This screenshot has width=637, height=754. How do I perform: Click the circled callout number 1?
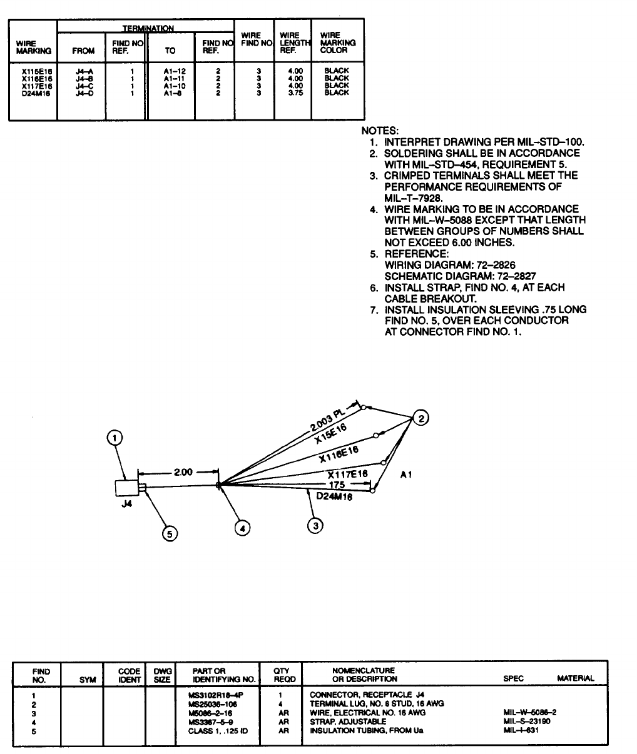pyautogui.click(x=115, y=438)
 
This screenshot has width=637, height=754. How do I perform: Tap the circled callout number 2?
pyautogui.click(x=422, y=419)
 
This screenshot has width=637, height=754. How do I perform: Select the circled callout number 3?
pyautogui.click(x=317, y=525)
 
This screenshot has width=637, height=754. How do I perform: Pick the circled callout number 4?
pyautogui.click(x=242, y=528)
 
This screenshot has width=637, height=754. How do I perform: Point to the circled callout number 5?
pyautogui.click(x=170, y=533)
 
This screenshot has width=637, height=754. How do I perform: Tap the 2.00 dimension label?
pyautogui.click(x=183, y=472)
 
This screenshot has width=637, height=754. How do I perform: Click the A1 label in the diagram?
pyautogui.click(x=405, y=475)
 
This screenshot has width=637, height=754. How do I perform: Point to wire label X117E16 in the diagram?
pyautogui.click(x=347, y=475)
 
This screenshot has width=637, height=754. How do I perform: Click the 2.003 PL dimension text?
pyautogui.click(x=329, y=420)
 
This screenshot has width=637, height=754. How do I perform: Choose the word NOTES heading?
pyautogui.click(x=380, y=131)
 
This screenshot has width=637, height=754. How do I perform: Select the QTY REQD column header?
pyautogui.click(x=280, y=675)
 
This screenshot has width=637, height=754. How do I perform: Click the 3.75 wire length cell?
pyautogui.click(x=295, y=93)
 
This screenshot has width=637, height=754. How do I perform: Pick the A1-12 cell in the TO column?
pyautogui.click(x=170, y=71)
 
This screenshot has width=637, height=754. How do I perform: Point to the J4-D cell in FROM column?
pyautogui.click(x=84, y=93)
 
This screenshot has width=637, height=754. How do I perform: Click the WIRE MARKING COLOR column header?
pyautogui.click(x=337, y=43)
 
